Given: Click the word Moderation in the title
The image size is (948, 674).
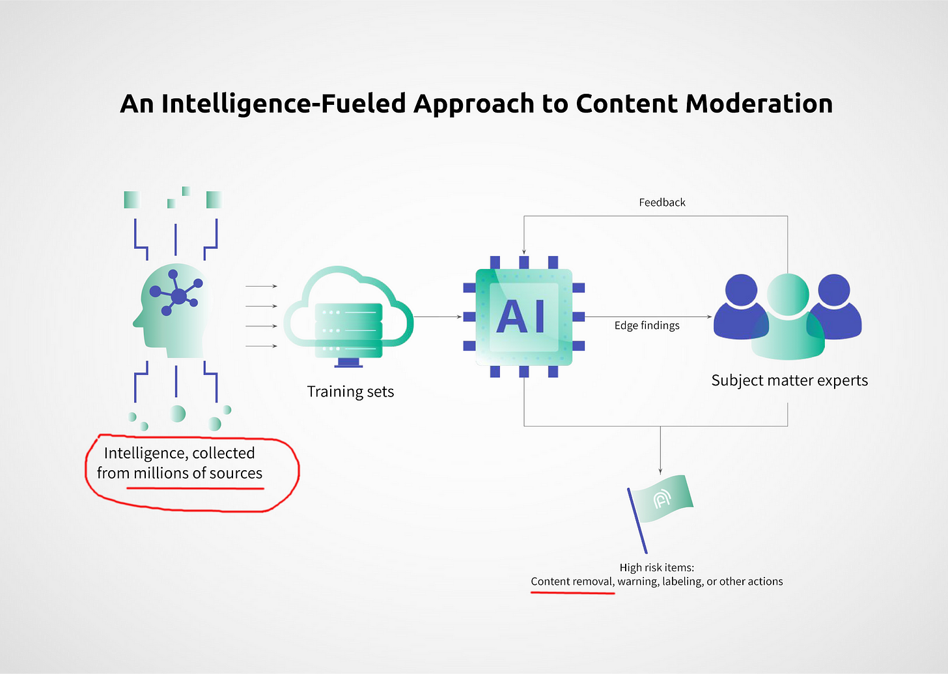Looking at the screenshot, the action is coord(759,104).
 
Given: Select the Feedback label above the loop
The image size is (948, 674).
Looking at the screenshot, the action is coord(662,203).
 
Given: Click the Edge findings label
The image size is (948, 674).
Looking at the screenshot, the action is coord(647,326).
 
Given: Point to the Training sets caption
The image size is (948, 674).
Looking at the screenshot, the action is coord(350,391).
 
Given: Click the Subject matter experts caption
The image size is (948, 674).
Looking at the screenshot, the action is coord(789,380).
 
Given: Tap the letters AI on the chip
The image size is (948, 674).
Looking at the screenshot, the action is coord(521,316).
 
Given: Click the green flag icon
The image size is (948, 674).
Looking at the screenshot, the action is coord(660,513).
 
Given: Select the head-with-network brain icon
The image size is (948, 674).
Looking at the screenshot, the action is coord(171,311).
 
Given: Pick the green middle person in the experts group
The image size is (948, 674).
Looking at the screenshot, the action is coord(788,316).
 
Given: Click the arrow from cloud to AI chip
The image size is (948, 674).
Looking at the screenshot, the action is coord(438,316).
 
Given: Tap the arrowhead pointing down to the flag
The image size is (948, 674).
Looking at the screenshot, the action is coord(660,471).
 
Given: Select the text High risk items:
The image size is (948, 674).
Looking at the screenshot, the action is coord(656,567).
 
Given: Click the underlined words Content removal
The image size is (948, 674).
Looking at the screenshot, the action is coord(572,582).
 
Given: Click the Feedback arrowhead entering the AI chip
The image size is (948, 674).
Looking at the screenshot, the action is coord(524,251).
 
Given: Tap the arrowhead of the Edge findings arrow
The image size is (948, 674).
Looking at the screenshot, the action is coord(709,316).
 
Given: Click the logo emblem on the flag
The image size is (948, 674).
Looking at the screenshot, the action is coord(662,499).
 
